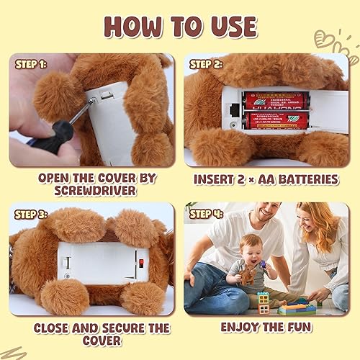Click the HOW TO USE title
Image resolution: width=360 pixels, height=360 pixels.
pyautogui.click(x=180, y=26)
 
